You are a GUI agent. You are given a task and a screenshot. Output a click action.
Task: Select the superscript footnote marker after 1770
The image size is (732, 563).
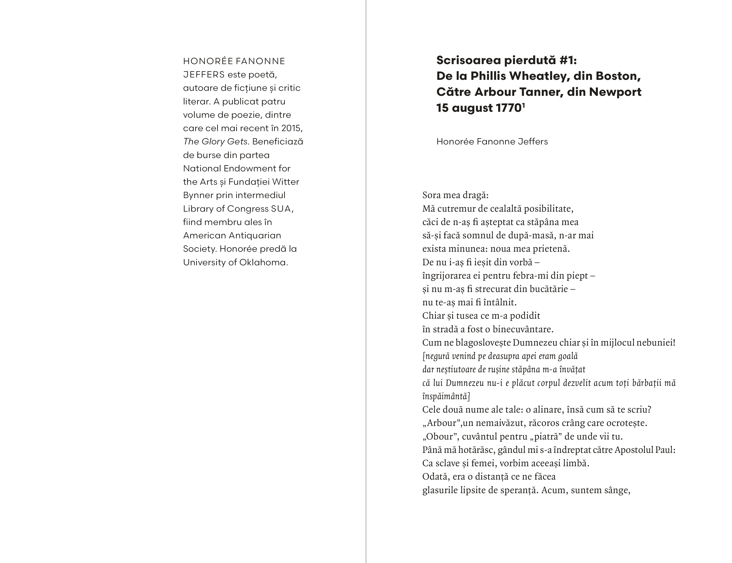click(x=523, y=105)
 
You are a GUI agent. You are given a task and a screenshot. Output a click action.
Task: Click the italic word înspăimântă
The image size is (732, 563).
click(x=446, y=396)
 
